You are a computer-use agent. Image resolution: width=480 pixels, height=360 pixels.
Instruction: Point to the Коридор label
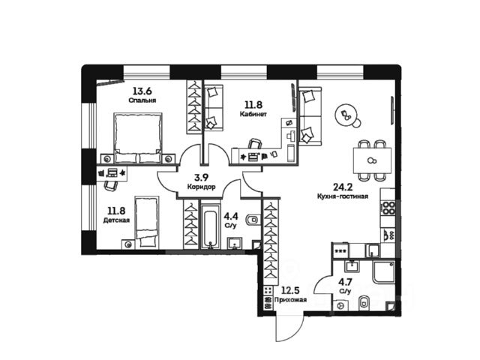(x=200, y=186)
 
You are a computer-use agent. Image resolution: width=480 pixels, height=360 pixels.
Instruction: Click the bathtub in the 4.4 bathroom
(x=208, y=229)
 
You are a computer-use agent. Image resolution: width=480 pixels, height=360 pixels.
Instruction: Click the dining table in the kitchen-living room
(x=372, y=160)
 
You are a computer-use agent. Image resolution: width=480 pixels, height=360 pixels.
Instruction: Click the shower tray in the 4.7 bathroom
(x=385, y=277)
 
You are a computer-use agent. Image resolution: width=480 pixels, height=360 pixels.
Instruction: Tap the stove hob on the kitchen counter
(x=388, y=206)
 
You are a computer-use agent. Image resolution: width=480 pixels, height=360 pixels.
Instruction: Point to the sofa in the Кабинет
(x=212, y=109)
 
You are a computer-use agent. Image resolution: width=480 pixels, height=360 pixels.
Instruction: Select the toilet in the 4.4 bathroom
(x=251, y=220)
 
